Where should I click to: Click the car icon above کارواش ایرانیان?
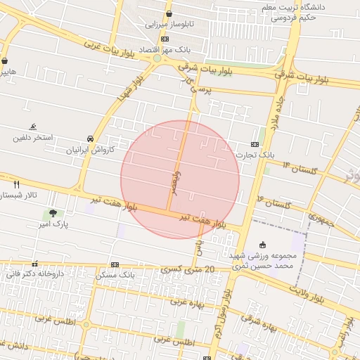[x=90, y=139]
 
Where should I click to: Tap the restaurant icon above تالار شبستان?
[x=16, y=184]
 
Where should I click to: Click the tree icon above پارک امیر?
[x=53, y=213]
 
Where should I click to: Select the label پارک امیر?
[x=53, y=226]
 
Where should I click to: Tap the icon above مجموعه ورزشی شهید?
[x=263, y=245]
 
